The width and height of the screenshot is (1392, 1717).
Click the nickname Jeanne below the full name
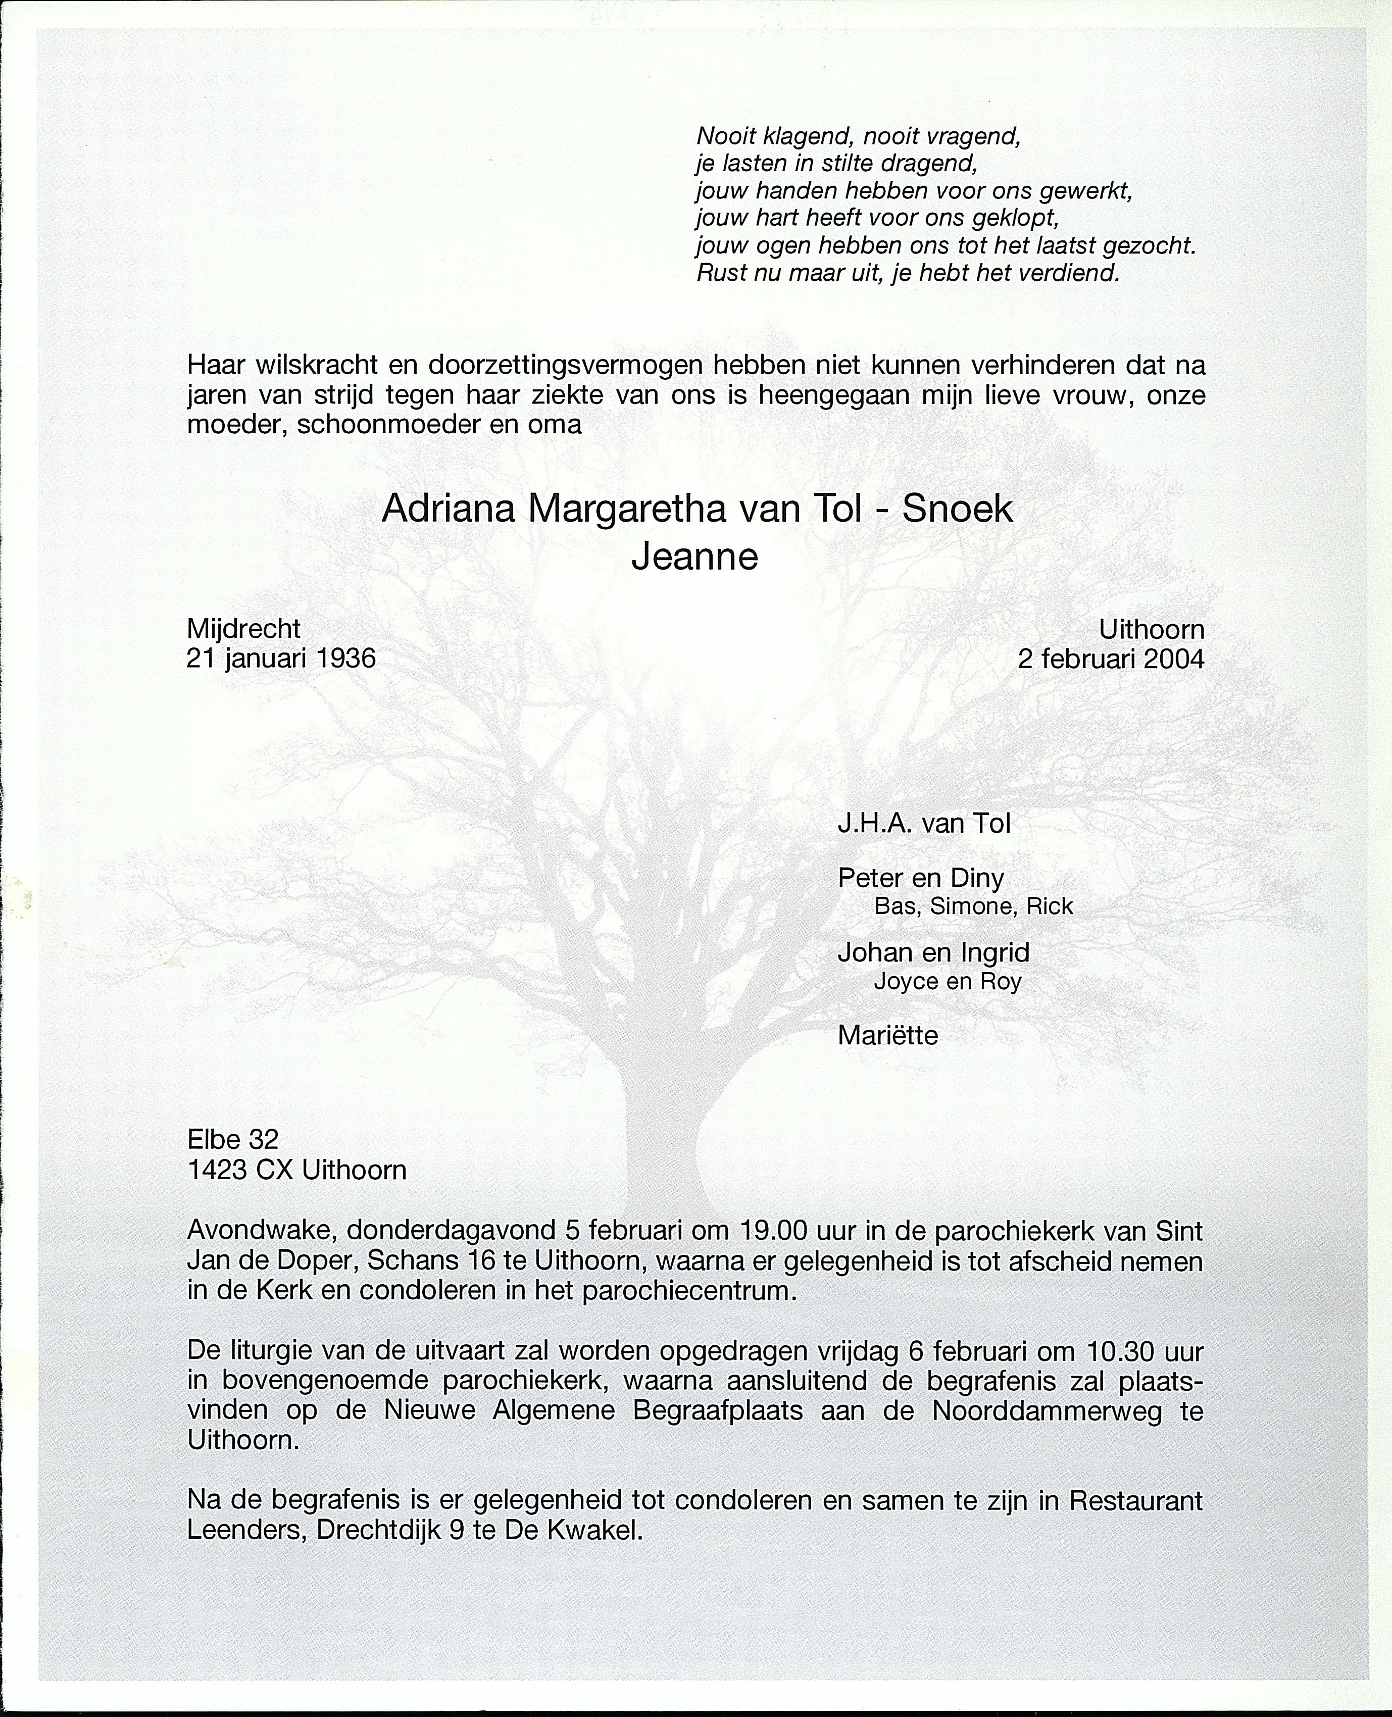694,557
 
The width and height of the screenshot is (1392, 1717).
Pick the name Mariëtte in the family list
887,1036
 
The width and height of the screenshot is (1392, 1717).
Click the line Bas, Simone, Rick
973,906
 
